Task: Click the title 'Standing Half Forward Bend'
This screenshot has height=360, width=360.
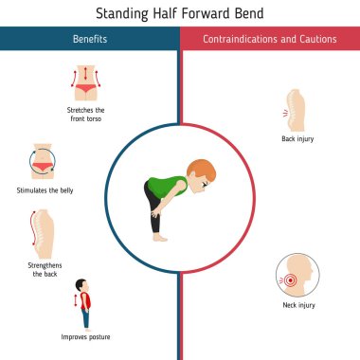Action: tap(180, 13)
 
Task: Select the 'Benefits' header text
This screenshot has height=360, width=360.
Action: tap(90, 39)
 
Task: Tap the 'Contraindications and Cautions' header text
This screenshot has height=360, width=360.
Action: tap(270, 39)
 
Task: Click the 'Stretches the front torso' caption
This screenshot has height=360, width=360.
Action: tap(86, 115)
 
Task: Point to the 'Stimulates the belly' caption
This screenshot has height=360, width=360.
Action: tap(45, 189)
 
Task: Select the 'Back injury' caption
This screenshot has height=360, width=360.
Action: tap(297, 138)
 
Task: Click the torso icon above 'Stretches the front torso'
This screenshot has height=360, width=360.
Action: tap(86, 83)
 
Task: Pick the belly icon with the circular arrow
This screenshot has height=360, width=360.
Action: tap(44, 161)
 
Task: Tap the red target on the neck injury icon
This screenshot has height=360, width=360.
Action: tap(290, 279)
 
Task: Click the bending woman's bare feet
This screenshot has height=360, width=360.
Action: tap(162, 238)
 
